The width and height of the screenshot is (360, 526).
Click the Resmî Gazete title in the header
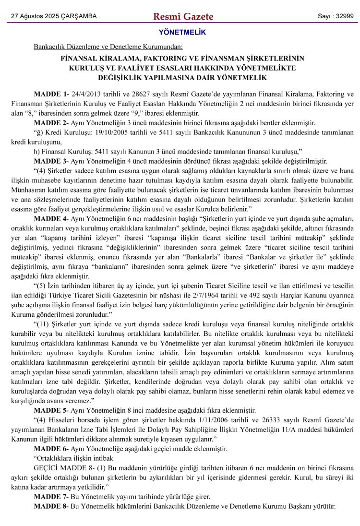[183, 17]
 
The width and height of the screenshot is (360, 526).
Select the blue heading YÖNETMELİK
[182, 33]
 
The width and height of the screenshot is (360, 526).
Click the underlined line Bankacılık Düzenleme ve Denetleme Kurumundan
[108, 47]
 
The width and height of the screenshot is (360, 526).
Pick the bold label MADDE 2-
[51, 122]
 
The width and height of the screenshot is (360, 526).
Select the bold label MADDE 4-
[51, 217]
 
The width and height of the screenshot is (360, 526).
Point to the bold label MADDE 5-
[51, 410]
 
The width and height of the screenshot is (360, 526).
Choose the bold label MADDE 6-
[51, 448]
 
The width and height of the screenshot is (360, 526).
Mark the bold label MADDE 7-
[51, 496]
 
